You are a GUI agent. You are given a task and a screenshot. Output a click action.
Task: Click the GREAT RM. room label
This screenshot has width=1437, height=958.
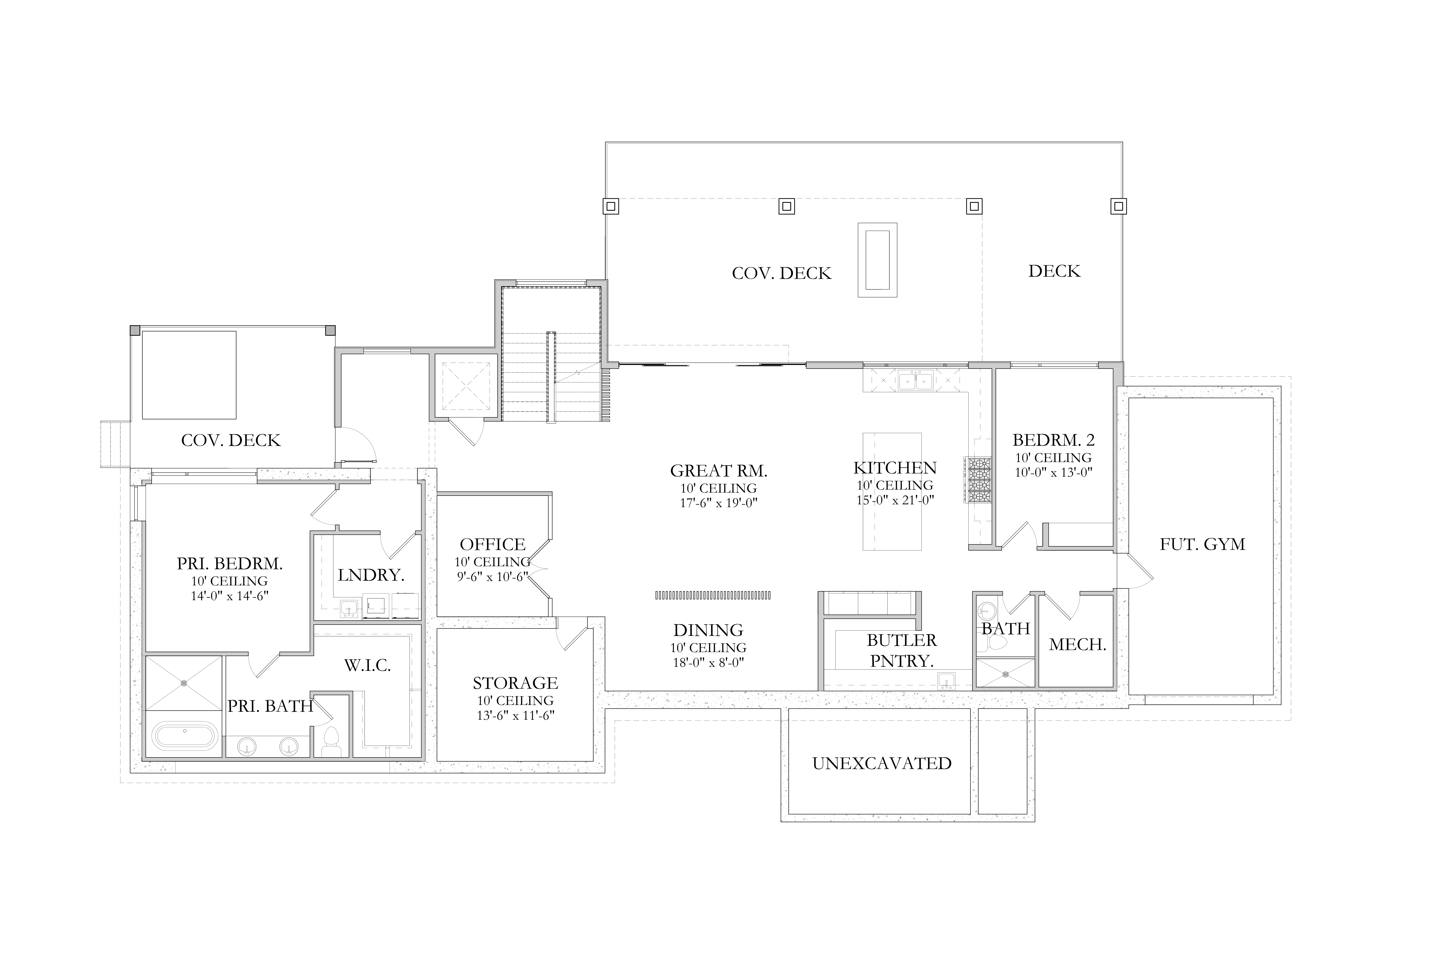pyautogui.click(x=718, y=471)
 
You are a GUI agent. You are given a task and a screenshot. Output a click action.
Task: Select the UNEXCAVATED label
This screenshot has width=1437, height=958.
pyautogui.click(x=882, y=763)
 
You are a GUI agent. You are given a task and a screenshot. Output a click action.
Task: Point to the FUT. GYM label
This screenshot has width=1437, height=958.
pyautogui.click(x=1202, y=544)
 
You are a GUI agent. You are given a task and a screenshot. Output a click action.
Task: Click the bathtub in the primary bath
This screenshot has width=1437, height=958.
pyautogui.click(x=184, y=736)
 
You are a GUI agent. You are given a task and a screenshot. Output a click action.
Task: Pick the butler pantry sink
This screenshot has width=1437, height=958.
pyautogui.click(x=946, y=680)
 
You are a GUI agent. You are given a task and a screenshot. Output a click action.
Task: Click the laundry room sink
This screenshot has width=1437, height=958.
pyautogui.click(x=349, y=609)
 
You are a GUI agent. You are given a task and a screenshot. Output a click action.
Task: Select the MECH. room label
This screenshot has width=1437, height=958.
pyautogui.click(x=1078, y=645)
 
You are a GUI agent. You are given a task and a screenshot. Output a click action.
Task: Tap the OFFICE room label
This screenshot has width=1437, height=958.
pyautogui.click(x=492, y=544)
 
